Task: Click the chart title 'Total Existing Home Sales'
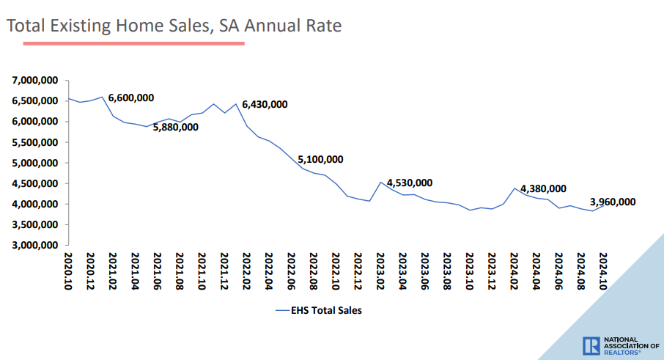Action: [x=174, y=26]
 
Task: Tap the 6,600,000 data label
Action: [x=131, y=98]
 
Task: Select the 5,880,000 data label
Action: [x=175, y=127]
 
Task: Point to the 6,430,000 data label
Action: [x=265, y=104]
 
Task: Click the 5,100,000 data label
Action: [x=320, y=159]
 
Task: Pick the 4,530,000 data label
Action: [x=410, y=183]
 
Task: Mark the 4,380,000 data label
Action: [x=543, y=188]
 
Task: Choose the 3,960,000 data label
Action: [x=613, y=202]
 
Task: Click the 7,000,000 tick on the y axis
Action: [x=35, y=80]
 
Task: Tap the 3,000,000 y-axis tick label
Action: [x=35, y=245]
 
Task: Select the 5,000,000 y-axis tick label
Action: [x=35, y=163]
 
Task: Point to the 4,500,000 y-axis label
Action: [x=35, y=183]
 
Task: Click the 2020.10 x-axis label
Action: [x=68, y=271]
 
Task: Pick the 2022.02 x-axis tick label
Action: [x=247, y=271]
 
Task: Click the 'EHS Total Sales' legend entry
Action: [x=318, y=310]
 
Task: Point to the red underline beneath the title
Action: [x=133, y=43]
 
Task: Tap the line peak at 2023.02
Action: [x=381, y=182]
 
